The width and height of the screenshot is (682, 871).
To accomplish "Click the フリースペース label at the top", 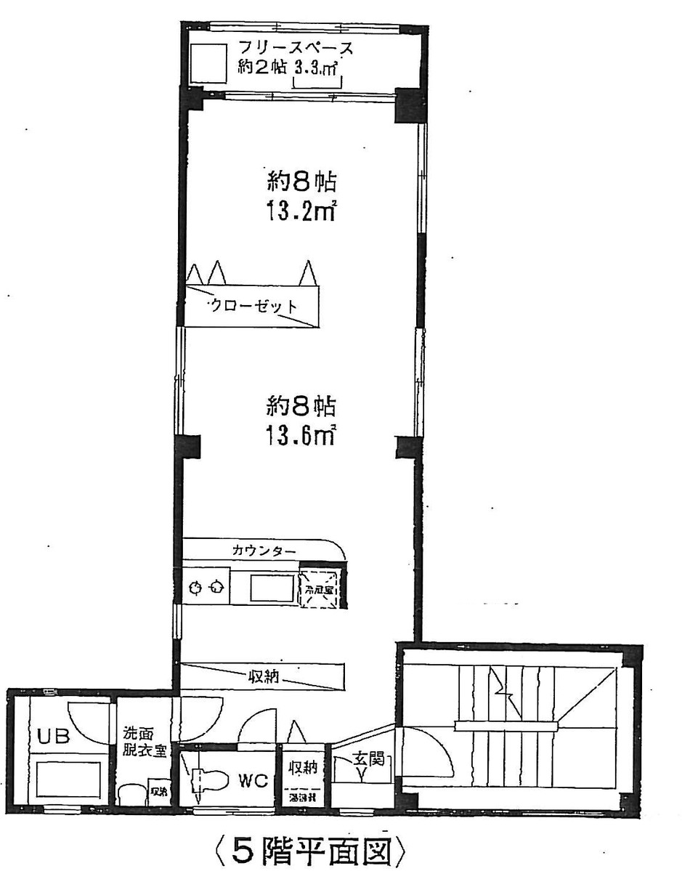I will coord(297,49).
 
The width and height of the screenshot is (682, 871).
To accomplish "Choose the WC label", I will coord(254,781).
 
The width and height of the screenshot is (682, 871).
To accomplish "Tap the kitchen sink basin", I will coord(272,586).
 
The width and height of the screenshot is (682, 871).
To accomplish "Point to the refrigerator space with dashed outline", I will coord(320,586).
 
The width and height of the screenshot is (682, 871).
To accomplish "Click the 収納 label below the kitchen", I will coord(265,678).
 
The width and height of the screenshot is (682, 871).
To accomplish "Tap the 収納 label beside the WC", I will coord(303,768).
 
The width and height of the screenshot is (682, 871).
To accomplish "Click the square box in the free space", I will coord(209,63).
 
